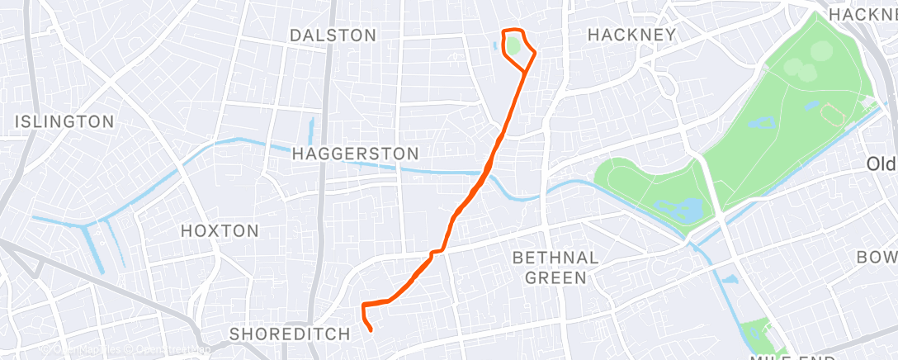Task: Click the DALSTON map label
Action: pyautogui.click(x=333, y=36)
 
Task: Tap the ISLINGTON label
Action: pyautogui.click(x=64, y=122)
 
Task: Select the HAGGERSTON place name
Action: pyautogui.click(x=356, y=154)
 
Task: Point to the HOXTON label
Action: pyautogui.click(x=220, y=231)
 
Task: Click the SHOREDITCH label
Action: pyautogui.click(x=290, y=334)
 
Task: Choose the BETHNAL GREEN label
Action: pyautogui.click(x=555, y=268)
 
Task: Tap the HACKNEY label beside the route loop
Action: pyautogui.click(x=631, y=35)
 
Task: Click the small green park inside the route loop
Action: pyautogui.click(x=513, y=46)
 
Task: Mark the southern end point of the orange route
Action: pyautogui.click(x=371, y=330)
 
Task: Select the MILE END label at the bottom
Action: pyautogui.click(x=792, y=355)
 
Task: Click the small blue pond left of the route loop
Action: pyautogui.click(x=496, y=46)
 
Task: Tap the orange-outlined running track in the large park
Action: pyautogui.click(x=830, y=115)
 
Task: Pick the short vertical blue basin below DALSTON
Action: pyautogui.click(x=312, y=129)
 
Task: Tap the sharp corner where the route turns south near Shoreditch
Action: pyautogui.click(x=363, y=305)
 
